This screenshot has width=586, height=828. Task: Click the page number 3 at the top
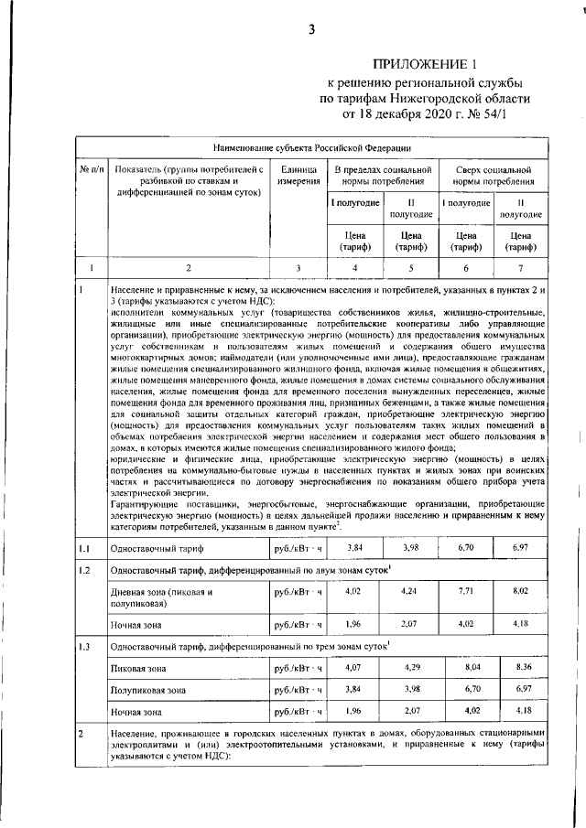[311, 28]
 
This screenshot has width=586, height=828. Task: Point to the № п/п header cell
[91, 169]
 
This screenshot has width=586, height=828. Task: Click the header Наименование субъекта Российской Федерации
[312, 146]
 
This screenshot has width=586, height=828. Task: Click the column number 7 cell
[519, 268]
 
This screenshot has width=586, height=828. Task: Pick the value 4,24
[410, 591]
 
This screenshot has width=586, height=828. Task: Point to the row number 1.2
[83, 570]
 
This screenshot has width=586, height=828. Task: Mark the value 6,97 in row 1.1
[519, 547]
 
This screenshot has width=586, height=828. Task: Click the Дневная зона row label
[161, 597]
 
